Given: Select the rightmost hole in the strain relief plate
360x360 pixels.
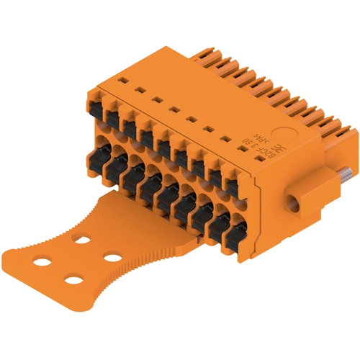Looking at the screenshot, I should tap(111, 256).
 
